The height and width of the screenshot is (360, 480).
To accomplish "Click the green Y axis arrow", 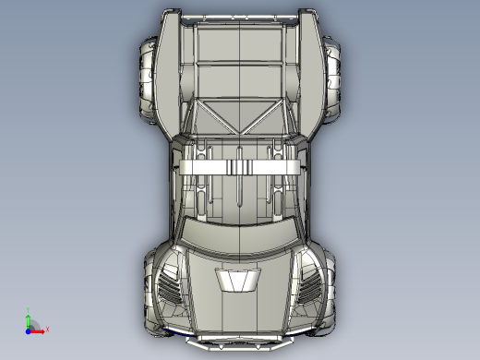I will coord(29,318).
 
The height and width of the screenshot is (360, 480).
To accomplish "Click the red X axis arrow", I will coord(38,328).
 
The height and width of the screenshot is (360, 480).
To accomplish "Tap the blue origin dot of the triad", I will coord(29,329).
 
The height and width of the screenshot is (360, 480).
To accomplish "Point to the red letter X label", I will coord(46,329).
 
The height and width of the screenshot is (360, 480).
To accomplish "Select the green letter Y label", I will coord(29,310).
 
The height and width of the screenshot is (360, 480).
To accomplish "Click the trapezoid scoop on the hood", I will coord(238,281).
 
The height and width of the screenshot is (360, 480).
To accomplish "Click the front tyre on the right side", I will coord(330,286).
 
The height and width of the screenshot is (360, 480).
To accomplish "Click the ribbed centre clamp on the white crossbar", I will coord(239,166).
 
